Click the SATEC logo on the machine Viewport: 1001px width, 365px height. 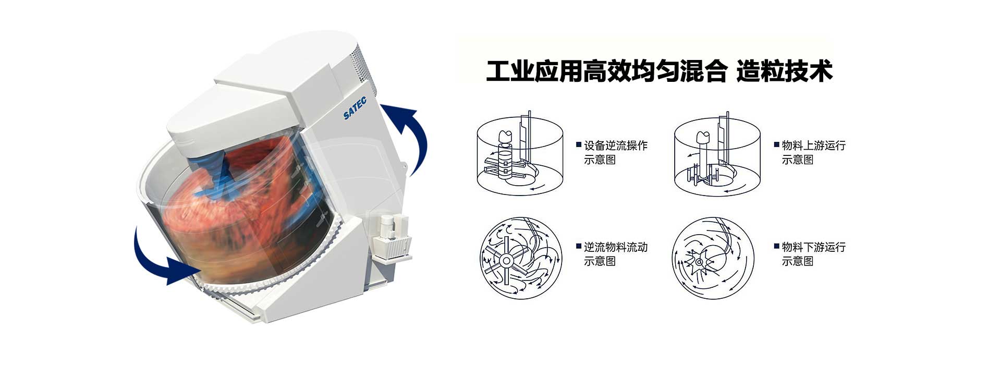355,108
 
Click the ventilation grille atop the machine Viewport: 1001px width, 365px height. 363,65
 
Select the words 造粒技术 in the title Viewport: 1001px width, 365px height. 784,71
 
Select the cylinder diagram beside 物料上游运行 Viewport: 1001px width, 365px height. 717,155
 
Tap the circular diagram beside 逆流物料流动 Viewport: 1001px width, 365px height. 520,258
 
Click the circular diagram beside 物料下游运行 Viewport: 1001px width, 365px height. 713,258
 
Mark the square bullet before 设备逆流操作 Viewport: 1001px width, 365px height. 579,144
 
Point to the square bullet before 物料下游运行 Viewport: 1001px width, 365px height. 777,246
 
